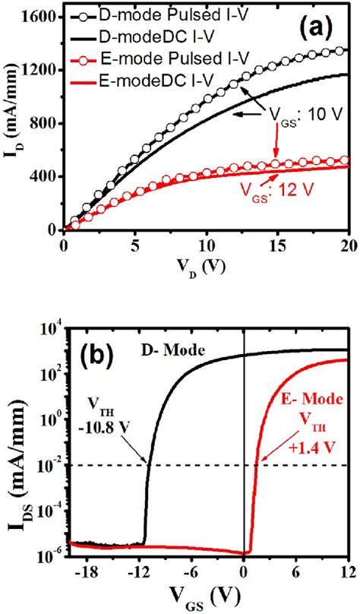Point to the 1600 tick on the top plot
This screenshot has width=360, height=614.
40,16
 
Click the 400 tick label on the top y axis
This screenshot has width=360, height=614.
44,176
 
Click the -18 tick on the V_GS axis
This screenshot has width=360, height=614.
92,570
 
